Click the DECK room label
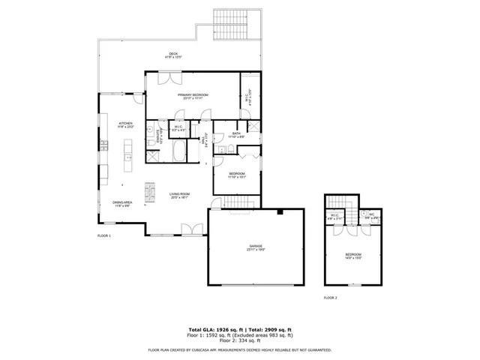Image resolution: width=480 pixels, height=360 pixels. [173, 53]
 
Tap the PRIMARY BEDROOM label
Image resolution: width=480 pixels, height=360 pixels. [193, 95]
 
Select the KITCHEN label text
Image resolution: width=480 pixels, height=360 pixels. [125, 123]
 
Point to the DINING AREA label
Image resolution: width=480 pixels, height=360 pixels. [123, 202]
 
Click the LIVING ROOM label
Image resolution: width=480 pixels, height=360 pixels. [178, 193]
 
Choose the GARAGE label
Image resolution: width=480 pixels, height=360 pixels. [256, 246]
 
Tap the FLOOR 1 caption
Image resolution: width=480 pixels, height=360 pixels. [103, 236]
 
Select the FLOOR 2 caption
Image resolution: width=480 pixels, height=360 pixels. [331, 298]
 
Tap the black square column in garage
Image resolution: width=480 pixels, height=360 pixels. [279, 213]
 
